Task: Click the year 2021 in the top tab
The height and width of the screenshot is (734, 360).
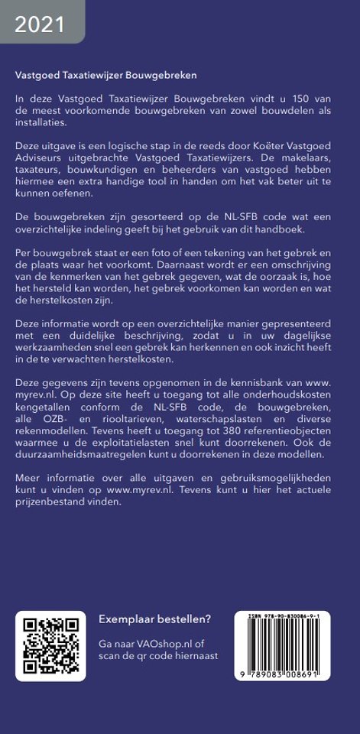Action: tap(40, 26)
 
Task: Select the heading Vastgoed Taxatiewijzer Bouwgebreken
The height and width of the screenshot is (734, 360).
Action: tap(106, 76)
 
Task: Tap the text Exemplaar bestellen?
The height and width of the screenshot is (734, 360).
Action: tap(155, 619)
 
